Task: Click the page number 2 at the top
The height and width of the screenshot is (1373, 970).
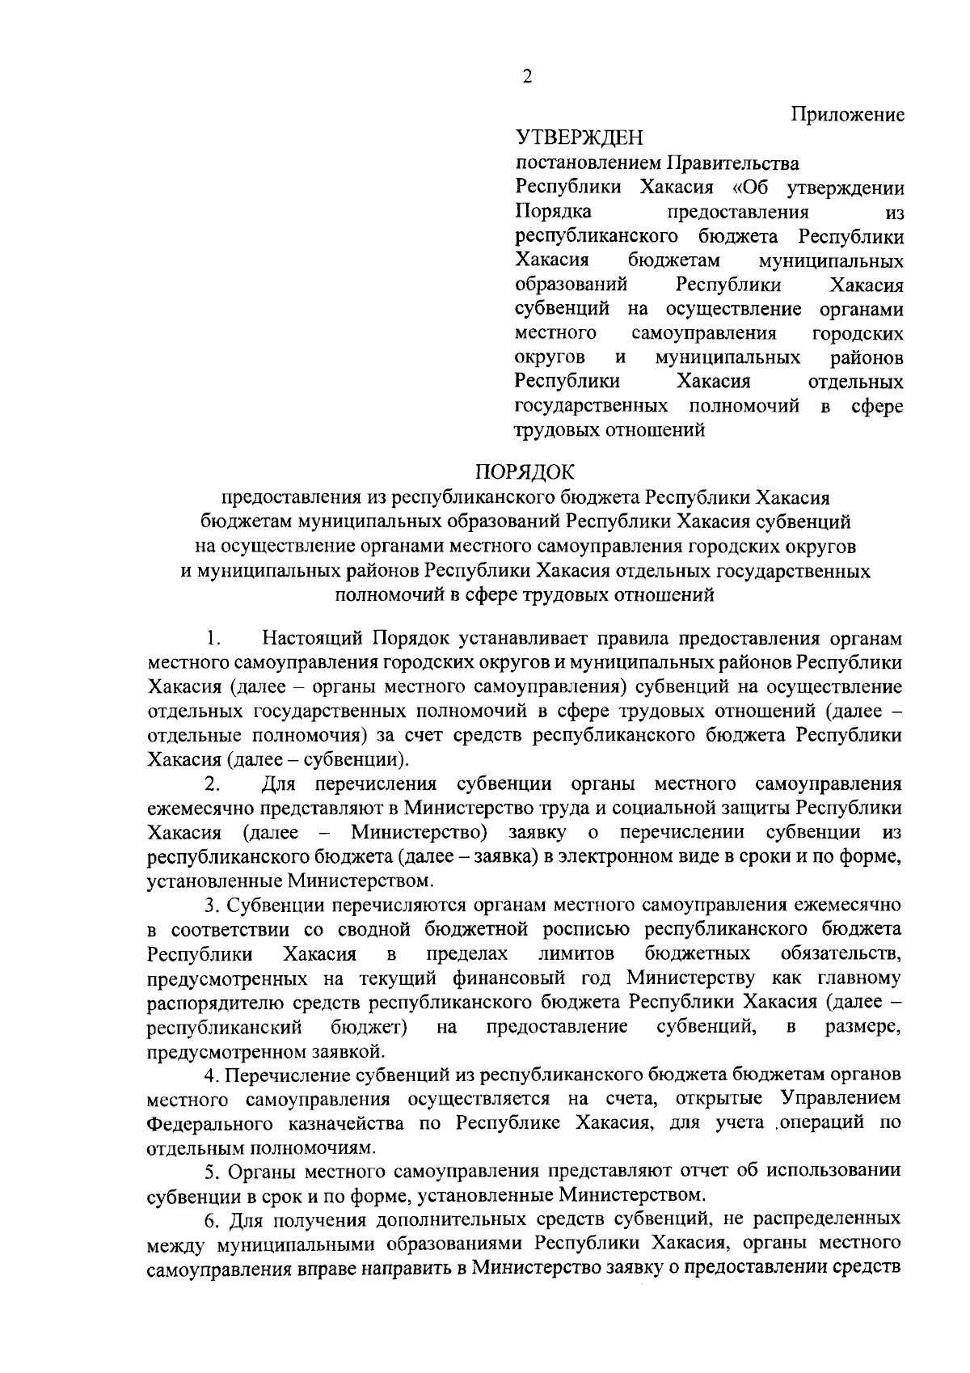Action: click(x=527, y=77)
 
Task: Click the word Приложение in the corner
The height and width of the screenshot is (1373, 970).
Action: click(x=847, y=114)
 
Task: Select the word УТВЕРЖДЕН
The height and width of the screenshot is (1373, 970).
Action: click(x=580, y=138)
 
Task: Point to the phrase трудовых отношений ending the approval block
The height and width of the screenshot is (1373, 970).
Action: click(x=610, y=430)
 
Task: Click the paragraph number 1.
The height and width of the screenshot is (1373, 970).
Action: click(x=213, y=639)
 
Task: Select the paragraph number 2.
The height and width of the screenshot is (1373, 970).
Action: click(x=213, y=784)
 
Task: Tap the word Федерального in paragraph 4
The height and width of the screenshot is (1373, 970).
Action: click(x=207, y=1124)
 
